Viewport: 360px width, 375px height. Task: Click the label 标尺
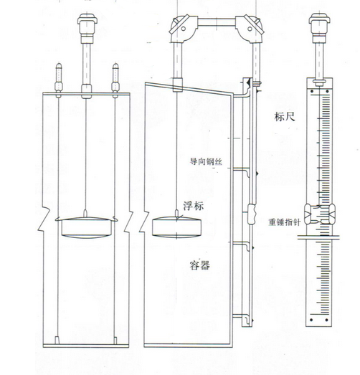click(x=285, y=117)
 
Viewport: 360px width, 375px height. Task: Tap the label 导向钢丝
click(x=206, y=161)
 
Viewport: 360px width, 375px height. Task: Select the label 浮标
click(x=194, y=206)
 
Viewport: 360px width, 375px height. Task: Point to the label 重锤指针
click(x=285, y=222)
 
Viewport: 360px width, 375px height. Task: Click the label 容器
click(x=200, y=265)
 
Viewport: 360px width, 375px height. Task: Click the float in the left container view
click(x=86, y=227)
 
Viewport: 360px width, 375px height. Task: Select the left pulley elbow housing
click(x=183, y=28)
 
